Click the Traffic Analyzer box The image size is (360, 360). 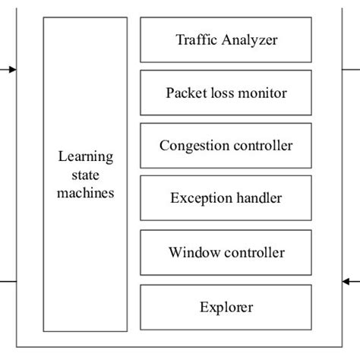pyautogui.click(x=226, y=39)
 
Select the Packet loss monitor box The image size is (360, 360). pyautogui.click(x=226, y=93)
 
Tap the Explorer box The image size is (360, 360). pyautogui.click(x=226, y=307)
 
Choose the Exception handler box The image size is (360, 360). pyautogui.click(x=226, y=199)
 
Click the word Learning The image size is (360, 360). pyautogui.click(x=85, y=157)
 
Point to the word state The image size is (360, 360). pyautogui.click(x=85, y=175)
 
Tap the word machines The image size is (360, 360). pyautogui.click(x=85, y=193)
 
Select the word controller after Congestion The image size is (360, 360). pyautogui.click(x=261, y=145)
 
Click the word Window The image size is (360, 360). pyautogui.click(x=190, y=252)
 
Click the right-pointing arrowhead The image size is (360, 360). pyautogui.click(x=12, y=69)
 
